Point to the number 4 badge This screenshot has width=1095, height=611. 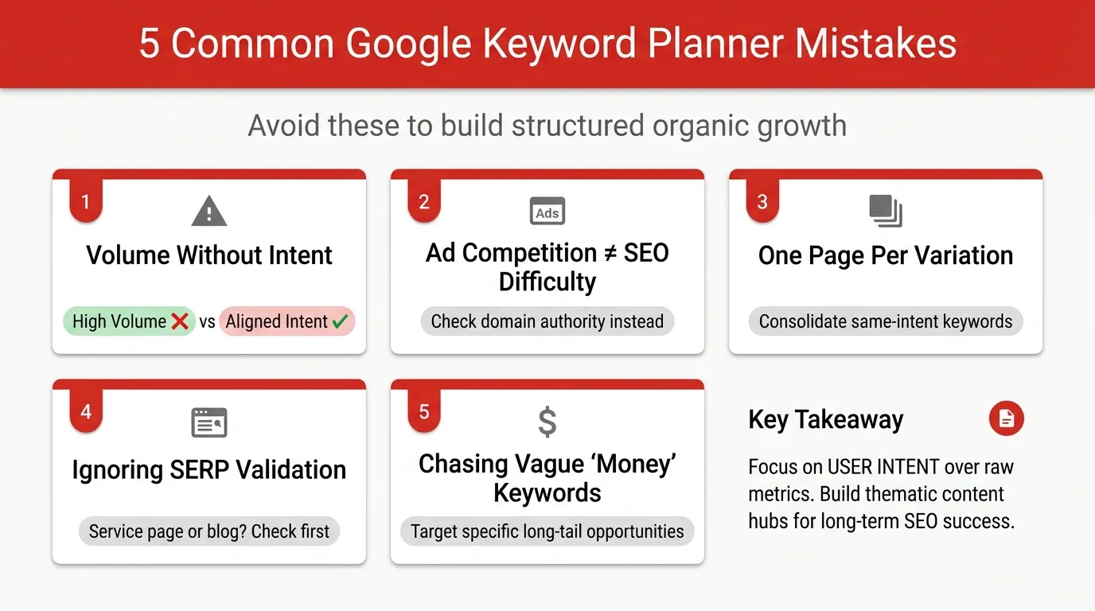point(86,412)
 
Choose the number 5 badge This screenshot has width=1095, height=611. point(424,412)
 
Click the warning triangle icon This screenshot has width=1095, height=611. point(209,212)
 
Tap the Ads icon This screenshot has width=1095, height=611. point(547,212)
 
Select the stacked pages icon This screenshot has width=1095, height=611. point(885,210)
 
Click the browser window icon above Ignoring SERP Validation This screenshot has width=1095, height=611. point(209,422)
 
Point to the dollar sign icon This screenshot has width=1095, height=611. point(547,422)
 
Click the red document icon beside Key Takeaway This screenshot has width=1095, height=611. point(1006,418)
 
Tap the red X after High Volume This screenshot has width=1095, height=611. point(180,321)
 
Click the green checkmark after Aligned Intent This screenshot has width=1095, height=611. point(340,321)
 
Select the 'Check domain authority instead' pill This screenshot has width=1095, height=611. point(547,321)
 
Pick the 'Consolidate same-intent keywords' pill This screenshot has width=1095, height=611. point(885,321)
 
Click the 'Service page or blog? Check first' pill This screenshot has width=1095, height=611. point(209,531)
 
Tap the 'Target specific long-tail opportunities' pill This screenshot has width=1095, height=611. point(547,531)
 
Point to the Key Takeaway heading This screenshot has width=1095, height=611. point(825,419)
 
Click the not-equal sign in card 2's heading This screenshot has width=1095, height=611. point(610,253)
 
